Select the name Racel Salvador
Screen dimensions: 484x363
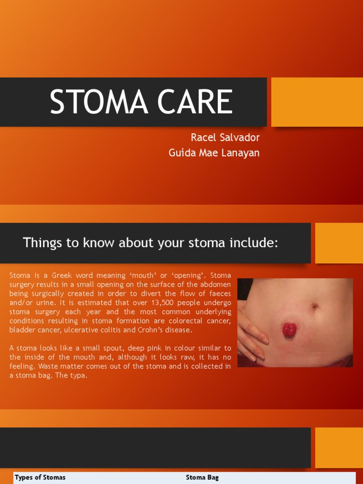click(225, 138)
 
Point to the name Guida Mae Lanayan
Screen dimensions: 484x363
click(214, 153)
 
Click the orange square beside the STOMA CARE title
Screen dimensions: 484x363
click(317, 102)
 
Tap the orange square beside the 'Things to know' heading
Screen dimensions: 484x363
click(338, 243)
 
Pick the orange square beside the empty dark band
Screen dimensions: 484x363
click(338, 448)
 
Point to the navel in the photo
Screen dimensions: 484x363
click(314, 307)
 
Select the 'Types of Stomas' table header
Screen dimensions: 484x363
click(40, 477)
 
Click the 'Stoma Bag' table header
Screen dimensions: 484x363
click(202, 477)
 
